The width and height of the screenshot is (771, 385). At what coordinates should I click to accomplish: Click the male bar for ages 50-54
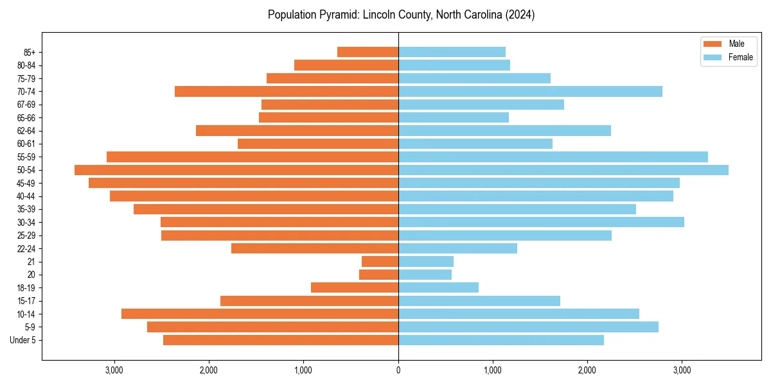[236, 170]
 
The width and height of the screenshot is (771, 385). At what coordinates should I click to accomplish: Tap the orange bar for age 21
[380, 262]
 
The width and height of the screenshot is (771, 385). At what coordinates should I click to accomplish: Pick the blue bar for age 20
[425, 275]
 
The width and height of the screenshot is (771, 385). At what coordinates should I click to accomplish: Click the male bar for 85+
[368, 52]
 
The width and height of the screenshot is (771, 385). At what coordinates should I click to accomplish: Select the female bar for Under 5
[501, 340]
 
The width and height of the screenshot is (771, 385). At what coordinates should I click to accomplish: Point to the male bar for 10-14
[260, 314]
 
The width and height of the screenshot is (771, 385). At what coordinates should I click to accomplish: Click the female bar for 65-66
[454, 117]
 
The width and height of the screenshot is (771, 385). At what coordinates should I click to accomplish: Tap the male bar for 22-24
[315, 248]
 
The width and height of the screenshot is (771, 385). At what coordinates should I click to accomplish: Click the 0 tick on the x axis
[398, 370]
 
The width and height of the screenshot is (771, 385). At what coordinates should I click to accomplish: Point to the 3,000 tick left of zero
[114, 370]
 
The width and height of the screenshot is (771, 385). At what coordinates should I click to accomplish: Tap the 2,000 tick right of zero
[587, 370]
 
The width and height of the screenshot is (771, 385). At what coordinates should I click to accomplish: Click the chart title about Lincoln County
[401, 15]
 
